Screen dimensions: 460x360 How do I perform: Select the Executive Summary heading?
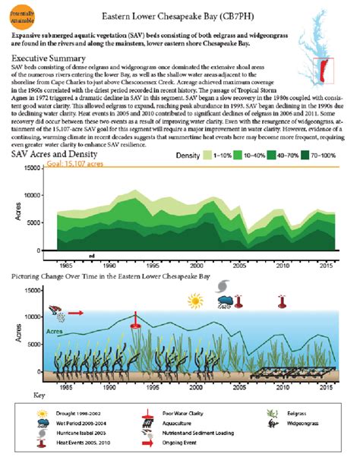(51, 58)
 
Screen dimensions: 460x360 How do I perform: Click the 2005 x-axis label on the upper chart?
(239, 266)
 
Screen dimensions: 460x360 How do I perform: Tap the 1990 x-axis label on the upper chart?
(109, 266)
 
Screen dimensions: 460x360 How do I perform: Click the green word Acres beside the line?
(55, 332)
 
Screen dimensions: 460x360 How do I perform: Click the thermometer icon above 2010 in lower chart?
(282, 301)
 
